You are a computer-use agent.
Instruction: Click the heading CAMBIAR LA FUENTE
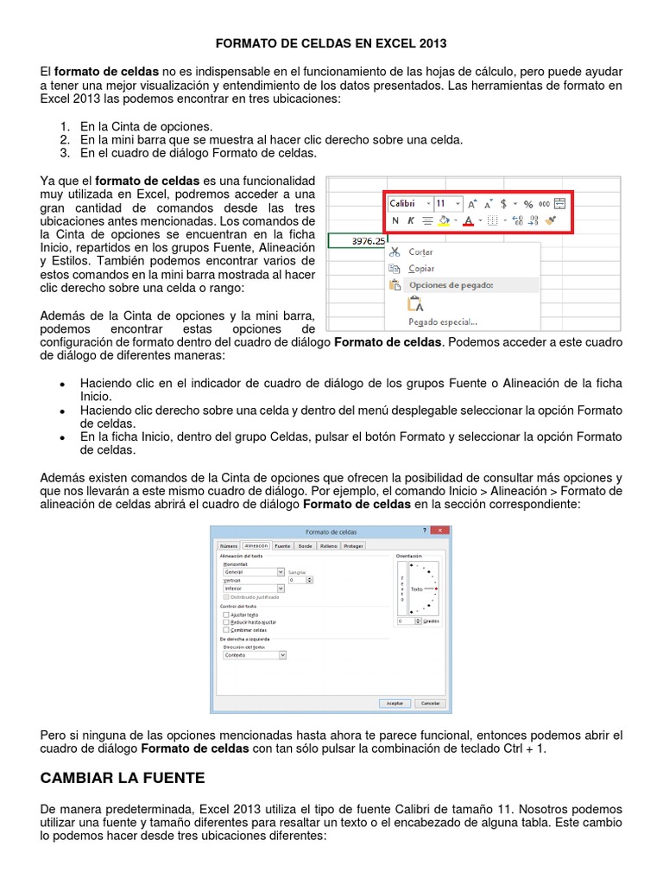[x=123, y=777]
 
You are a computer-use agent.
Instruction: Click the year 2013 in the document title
[x=433, y=42]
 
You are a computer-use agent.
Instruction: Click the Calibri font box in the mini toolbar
[x=409, y=203]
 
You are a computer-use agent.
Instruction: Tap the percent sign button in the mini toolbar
[x=528, y=204]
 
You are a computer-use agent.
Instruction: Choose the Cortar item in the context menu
[x=420, y=251]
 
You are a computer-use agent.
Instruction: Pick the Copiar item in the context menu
[x=420, y=268]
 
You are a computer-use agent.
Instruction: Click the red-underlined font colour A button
[x=468, y=221]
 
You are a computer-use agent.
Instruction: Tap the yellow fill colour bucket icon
[x=444, y=221]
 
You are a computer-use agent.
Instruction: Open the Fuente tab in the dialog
[x=282, y=546]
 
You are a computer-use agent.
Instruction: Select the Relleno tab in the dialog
[x=328, y=546]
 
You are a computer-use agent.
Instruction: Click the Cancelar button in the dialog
[x=429, y=704]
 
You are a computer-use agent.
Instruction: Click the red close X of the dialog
[x=440, y=531]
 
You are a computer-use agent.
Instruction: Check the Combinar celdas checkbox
[x=226, y=630]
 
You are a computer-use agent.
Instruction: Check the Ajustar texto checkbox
[x=226, y=614]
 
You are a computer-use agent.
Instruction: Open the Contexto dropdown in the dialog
[x=254, y=655]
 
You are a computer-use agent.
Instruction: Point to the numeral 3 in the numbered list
[x=64, y=153]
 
